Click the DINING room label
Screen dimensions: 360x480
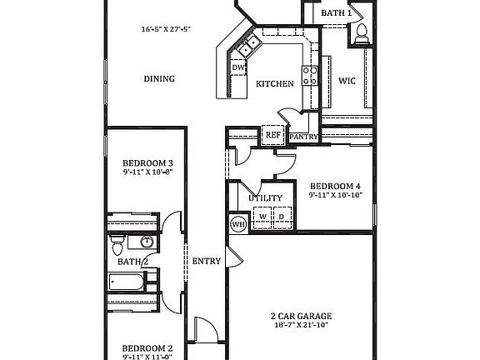(158, 79)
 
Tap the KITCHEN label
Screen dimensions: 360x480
(273, 84)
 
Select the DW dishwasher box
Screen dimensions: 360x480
(238, 68)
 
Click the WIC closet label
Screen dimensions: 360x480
(347, 81)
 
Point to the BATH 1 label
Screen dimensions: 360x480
(337, 13)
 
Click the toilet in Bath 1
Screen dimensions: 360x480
(362, 32)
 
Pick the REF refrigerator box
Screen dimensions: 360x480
(272, 135)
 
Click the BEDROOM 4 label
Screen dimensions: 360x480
(335, 186)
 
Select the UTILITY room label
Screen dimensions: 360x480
(266, 198)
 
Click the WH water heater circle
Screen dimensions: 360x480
(237, 222)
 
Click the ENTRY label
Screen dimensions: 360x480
(207, 261)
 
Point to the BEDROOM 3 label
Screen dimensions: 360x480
(147, 163)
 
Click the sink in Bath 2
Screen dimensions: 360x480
(147, 243)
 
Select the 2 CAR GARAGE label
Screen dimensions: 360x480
(301, 316)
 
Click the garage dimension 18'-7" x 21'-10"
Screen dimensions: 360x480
(301, 327)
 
